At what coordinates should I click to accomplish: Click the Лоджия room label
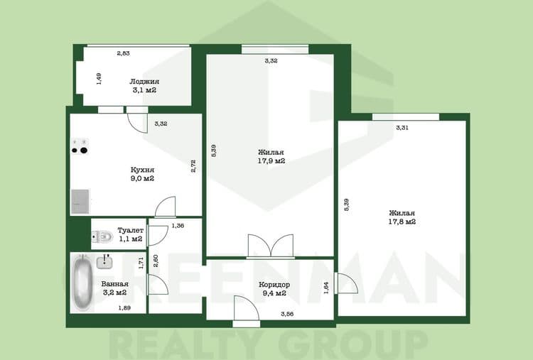point(144,82)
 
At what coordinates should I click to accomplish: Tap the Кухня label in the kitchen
point(142,170)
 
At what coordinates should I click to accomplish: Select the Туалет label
point(131,230)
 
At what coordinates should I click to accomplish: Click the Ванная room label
point(115,283)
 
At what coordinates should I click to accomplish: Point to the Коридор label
point(274,285)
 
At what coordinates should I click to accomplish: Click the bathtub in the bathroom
point(82,282)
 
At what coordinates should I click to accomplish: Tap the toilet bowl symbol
point(102,236)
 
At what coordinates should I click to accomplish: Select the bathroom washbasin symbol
point(104,261)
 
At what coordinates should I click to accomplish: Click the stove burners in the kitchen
point(80,146)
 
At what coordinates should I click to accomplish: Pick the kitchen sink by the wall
point(80,202)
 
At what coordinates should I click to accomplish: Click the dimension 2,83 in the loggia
point(124,53)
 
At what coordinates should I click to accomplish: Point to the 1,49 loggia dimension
point(99,79)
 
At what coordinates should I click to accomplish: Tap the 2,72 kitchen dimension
point(193,166)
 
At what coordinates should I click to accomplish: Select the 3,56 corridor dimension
point(287,314)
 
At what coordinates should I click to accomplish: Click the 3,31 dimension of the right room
point(402,128)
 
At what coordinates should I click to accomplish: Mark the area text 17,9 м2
point(271,161)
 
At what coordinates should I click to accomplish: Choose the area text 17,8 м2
point(402,222)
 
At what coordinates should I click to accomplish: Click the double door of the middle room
point(271,246)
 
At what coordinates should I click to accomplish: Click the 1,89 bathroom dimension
point(124,308)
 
